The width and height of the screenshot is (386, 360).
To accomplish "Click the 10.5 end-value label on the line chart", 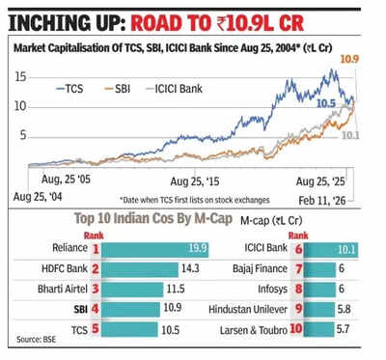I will tap(327, 103).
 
